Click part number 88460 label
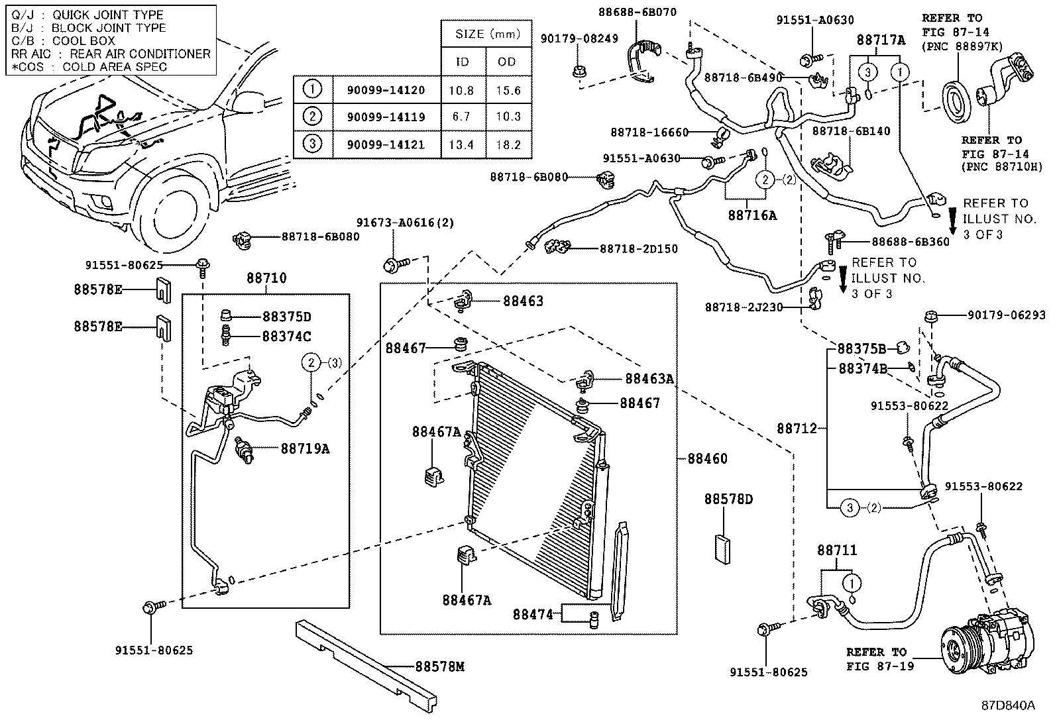click(x=707, y=458)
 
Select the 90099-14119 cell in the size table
click(x=386, y=117)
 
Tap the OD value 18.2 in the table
click(x=508, y=145)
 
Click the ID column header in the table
click(x=463, y=62)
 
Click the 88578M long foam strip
click(x=364, y=659)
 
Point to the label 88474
click(x=532, y=615)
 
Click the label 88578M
click(x=440, y=666)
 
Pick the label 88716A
click(x=751, y=215)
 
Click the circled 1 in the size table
click(x=312, y=89)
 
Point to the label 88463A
click(x=649, y=379)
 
